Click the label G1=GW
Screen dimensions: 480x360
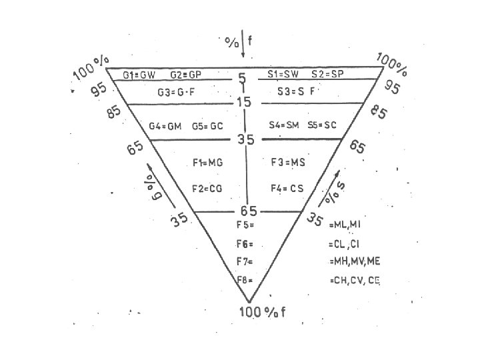click(139, 75)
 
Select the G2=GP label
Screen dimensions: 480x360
click(186, 75)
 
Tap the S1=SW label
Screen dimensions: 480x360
click(283, 75)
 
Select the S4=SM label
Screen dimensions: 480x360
click(285, 124)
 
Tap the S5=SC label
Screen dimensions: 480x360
click(322, 124)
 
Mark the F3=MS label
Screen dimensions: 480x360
click(288, 162)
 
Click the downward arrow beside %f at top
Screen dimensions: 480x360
click(242, 47)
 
